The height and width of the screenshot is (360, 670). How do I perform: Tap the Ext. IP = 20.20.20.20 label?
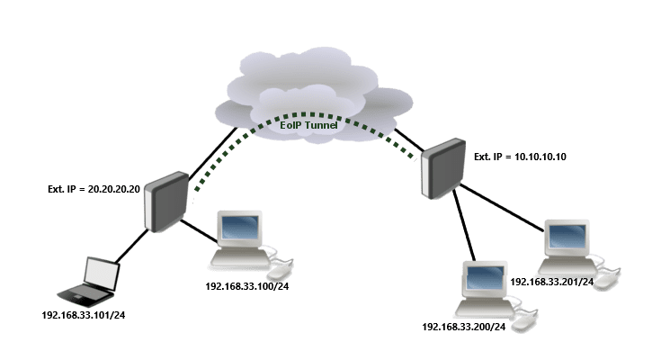click(x=94, y=190)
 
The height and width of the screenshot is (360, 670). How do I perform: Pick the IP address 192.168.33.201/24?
click(x=551, y=282)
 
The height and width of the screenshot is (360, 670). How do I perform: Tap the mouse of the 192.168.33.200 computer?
click(x=525, y=320)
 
